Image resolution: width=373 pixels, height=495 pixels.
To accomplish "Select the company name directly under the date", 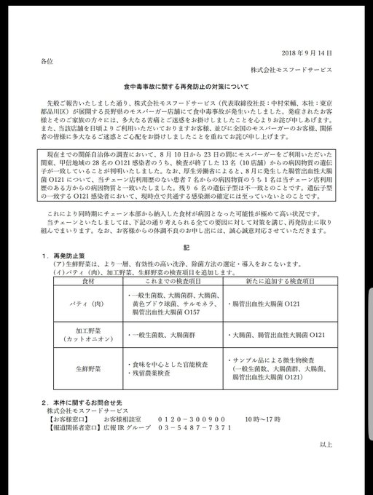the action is (289, 69).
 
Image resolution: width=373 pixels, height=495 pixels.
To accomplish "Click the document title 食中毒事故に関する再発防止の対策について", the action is (186, 87).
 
